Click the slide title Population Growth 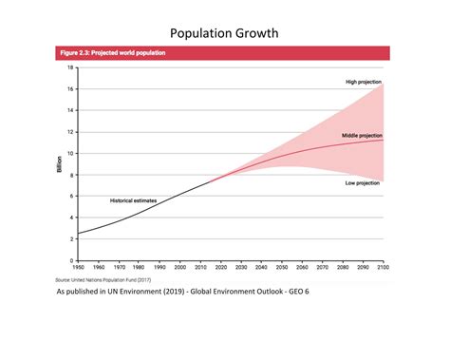point(224,34)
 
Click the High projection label point(362,83)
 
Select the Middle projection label point(361,136)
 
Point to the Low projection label point(363,181)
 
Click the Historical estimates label point(133,200)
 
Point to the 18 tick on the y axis point(70,67)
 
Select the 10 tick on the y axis point(70,153)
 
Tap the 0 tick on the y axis point(72,259)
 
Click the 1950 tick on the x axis point(79,268)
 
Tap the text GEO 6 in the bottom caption point(297,292)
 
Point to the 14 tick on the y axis point(70,110)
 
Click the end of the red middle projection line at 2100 point(383,140)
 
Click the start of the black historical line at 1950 point(78,233)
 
